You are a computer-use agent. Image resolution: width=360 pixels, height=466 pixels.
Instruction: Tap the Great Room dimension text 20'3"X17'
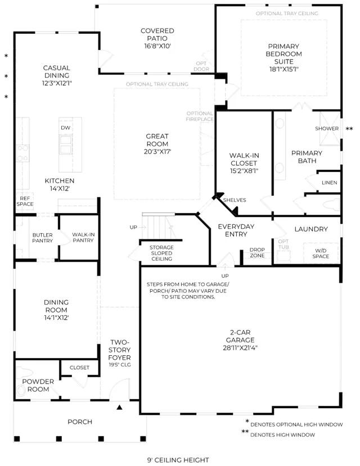157,152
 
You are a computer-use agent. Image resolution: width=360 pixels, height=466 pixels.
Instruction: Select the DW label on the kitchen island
66,128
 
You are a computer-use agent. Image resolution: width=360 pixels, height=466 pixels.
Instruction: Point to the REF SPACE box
25,201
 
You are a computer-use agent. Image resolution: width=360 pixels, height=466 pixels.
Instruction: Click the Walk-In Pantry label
83,237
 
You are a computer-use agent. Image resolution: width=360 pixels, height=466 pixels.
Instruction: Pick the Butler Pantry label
43,238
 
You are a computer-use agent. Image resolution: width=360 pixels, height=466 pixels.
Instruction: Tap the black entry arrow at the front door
119,407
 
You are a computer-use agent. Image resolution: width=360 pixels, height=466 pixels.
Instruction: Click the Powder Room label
38,385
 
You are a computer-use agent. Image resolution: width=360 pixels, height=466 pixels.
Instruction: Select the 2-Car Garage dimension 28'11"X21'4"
240,348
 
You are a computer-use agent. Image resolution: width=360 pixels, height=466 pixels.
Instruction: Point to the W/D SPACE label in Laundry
321,254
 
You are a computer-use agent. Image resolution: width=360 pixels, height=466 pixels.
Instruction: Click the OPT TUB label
283,244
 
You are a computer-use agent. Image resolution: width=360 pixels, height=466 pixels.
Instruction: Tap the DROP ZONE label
257,252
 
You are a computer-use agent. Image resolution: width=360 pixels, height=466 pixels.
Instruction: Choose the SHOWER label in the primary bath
327,128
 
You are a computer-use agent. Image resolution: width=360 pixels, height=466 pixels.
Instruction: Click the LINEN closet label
330,183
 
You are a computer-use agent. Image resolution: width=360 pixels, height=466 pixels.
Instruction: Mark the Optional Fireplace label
200,116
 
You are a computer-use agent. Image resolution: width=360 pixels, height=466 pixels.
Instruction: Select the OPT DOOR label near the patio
201,66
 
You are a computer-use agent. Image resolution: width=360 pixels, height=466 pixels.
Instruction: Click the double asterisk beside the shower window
350,129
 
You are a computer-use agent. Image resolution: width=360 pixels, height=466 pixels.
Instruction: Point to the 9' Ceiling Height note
178,460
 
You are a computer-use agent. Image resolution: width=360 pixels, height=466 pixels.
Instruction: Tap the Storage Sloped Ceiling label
161,253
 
